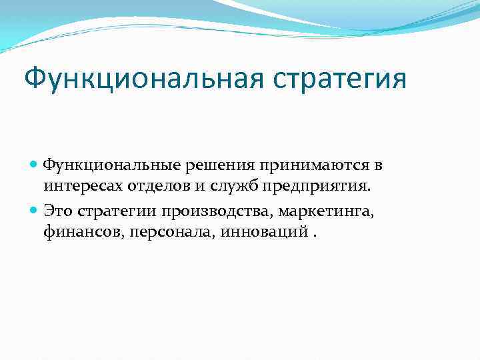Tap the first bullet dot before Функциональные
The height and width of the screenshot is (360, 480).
[35, 164]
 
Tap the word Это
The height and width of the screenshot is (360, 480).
[59, 212]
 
